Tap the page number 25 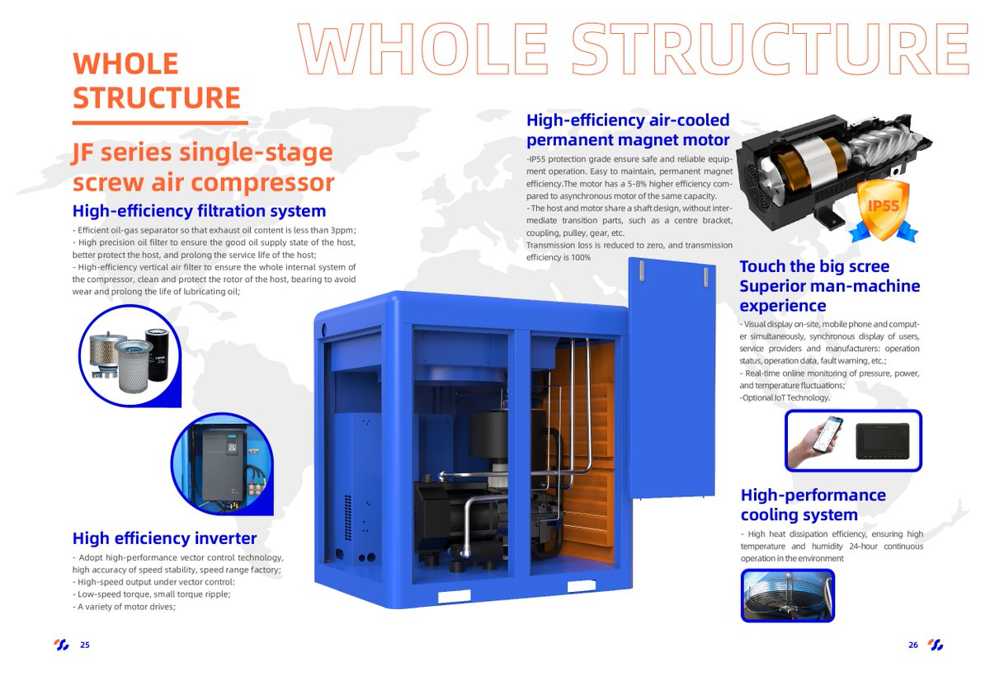pyautogui.click(x=85, y=645)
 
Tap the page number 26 pyautogui.click(x=912, y=645)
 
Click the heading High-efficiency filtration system pyautogui.click(x=199, y=211)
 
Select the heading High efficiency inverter pyautogui.click(x=164, y=539)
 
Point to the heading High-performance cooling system pyautogui.click(x=813, y=505)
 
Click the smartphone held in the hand pyautogui.click(x=826, y=434)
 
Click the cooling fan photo pyautogui.click(x=786, y=595)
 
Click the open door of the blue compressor pyautogui.click(x=669, y=379)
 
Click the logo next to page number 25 pyautogui.click(x=62, y=645)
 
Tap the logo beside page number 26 pyautogui.click(x=935, y=645)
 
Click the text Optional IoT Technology pyautogui.click(x=785, y=397)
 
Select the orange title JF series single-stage pyautogui.click(x=202, y=153)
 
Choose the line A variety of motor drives pyautogui.click(x=125, y=606)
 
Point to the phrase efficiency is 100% pyautogui.click(x=559, y=257)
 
